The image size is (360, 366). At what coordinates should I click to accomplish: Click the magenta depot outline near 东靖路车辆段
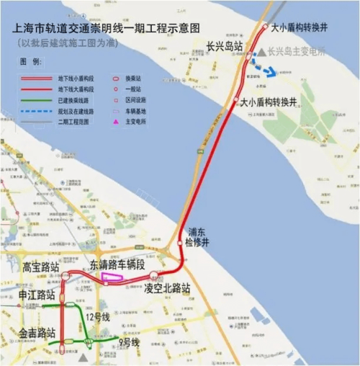[112, 277]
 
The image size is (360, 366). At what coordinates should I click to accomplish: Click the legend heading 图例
[30, 63]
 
